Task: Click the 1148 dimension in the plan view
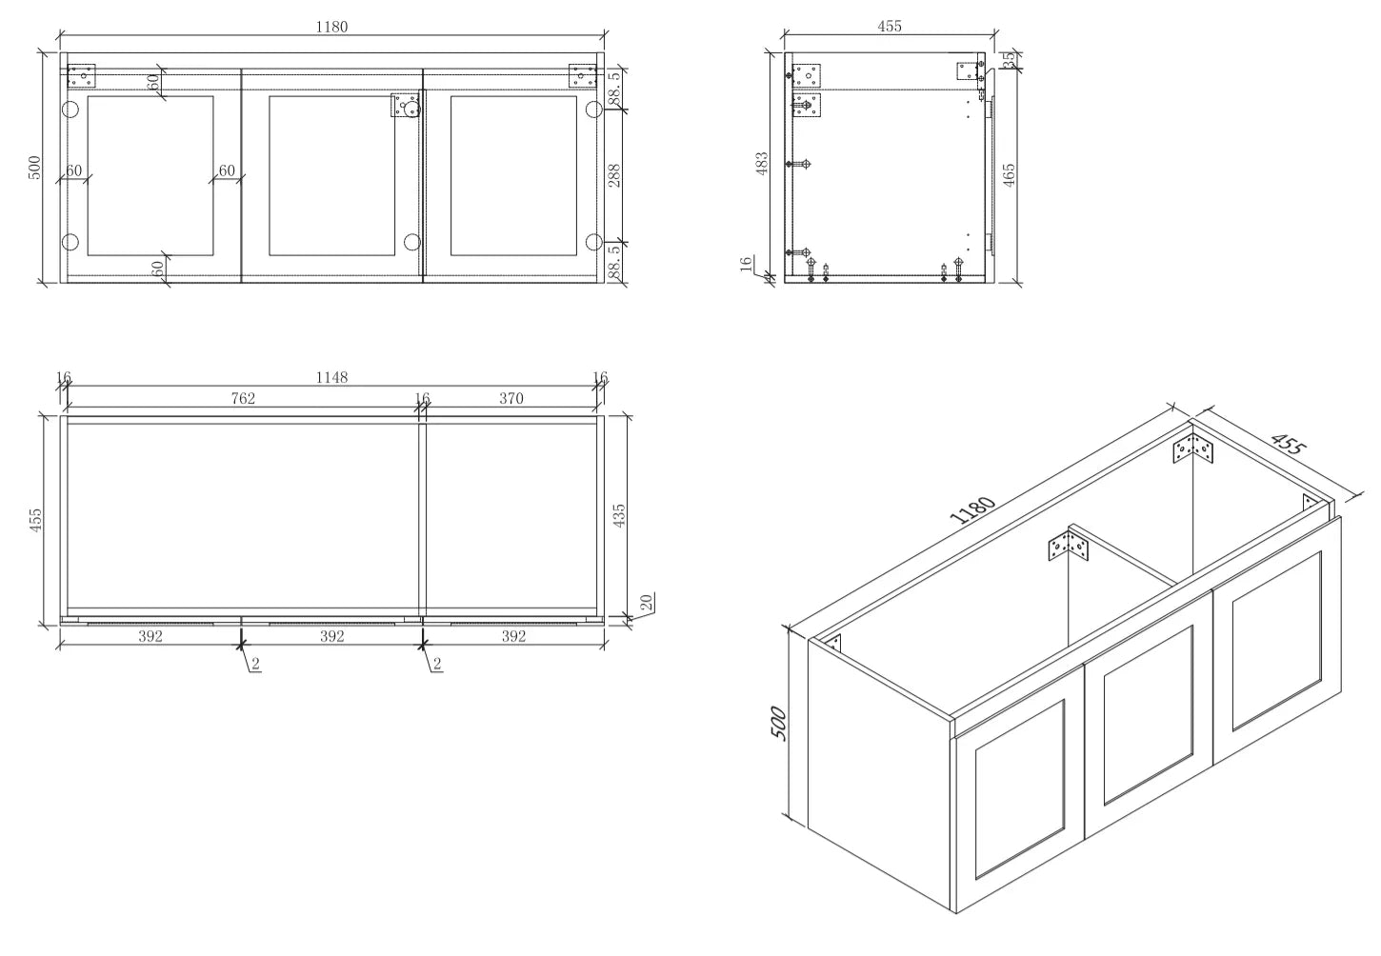pyautogui.click(x=331, y=377)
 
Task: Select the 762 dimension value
pyautogui.click(x=243, y=399)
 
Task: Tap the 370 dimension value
pyautogui.click(x=511, y=399)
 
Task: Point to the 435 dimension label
pyautogui.click(x=619, y=515)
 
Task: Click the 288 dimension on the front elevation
pyautogui.click(x=614, y=175)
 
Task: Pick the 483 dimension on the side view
pyautogui.click(x=762, y=164)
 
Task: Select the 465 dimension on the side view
pyautogui.click(x=1008, y=175)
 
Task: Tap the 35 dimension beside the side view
pyautogui.click(x=1009, y=60)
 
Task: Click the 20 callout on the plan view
pyautogui.click(x=646, y=602)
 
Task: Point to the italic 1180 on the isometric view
pyautogui.click(x=972, y=510)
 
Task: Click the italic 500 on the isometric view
pyautogui.click(x=779, y=724)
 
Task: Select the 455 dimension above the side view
pyautogui.click(x=889, y=26)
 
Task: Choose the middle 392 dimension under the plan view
pyautogui.click(x=331, y=636)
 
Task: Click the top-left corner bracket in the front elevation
pyautogui.click(x=81, y=76)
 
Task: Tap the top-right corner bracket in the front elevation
pyautogui.click(x=583, y=76)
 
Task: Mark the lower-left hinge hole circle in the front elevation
pyautogui.click(x=70, y=242)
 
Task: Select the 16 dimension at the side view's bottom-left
pyautogui.click(x=746, y=263)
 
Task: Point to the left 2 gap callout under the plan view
pyautogui.click(x=255, y=664)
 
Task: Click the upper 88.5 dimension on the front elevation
pyautogui.click(x=614, y=89)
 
